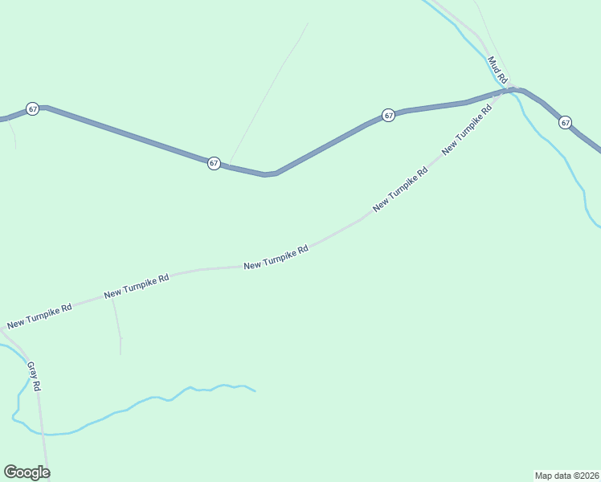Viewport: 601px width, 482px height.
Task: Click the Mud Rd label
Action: pyautogui.click(x=498, y=71)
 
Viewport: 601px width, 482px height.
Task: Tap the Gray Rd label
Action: pyautogui.click(x=34, y=376)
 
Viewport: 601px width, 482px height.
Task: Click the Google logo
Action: pyautogui.click(x=27, y=472)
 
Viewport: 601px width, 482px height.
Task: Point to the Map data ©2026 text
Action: pyautogui.click(x=566, y=475)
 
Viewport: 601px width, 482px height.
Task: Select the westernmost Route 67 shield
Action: pyautogui.click(x=32, y=108)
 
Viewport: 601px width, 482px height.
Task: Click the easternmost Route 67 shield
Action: pyautogui.click(x=566, y=122)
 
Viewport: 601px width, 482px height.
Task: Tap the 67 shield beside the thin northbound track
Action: pyautogui.click(x=214, y=162)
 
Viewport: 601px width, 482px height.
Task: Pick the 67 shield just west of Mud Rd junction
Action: pyautogui.click(x=388, y=115)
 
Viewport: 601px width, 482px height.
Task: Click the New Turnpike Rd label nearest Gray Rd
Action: pyautogui.click(x=39, y=316)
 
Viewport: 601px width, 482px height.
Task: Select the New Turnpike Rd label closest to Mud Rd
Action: pyautogui.click(x=466, y=130)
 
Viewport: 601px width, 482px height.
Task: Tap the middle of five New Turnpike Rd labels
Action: pyautogui.click(x=276, y=258)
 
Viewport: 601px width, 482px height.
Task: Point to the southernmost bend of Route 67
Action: pyautogui.click(x=269, y=174)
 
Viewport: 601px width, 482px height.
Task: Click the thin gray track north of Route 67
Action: pyautogui.click(x=269, y=88)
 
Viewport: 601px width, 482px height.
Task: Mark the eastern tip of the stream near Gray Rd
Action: pyautogui.click(x=255, y=391)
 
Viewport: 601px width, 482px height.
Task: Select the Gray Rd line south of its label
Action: pyautogui.click(x=43, y=434)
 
